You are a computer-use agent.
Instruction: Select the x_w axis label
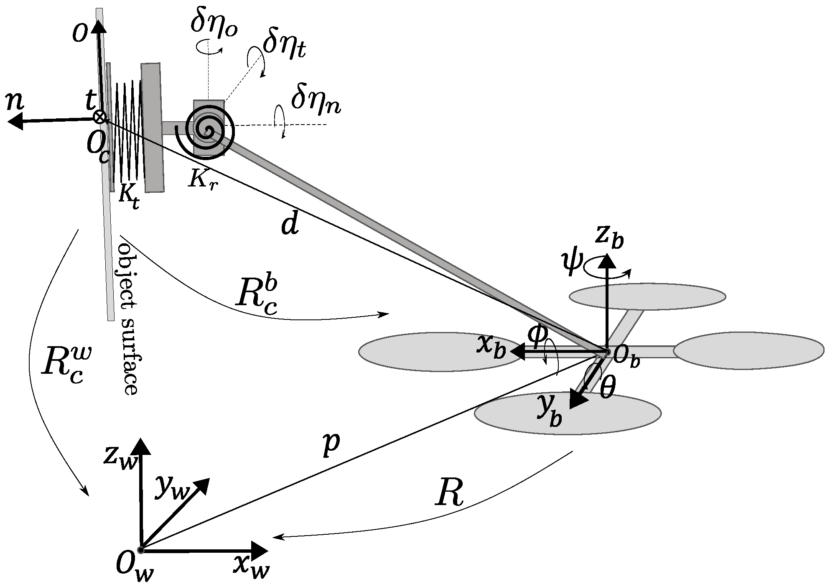pyautogui.click(x=251, y=565)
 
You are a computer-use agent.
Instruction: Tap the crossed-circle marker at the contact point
pyautogui.click(x=99, y=117)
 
